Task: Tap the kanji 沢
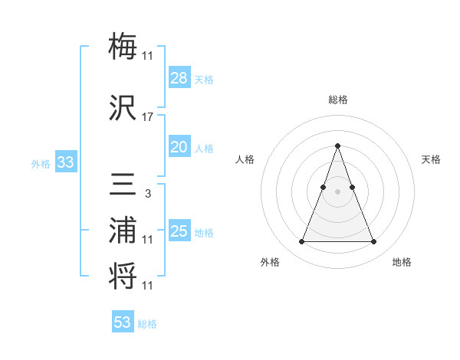coord(123,107)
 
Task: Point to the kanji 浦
coord(123,230)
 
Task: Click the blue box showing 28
coord(179,78)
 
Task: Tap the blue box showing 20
coord(179,147)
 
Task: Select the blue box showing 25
coord(179,231)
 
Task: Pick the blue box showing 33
coord(65,162)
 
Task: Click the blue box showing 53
coord(123,322)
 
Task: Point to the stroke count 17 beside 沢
coord(148,117)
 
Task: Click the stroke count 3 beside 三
coord(148,193)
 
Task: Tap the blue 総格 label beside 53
coord(147,324)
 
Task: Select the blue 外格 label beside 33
coord(41,163)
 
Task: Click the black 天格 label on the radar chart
coord(432,159)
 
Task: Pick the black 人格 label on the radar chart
coord(245,159)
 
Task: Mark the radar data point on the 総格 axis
coord(337,146)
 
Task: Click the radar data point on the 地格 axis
coord(374,242)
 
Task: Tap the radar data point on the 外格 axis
coord(301,242)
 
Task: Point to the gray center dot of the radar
coord(337,191)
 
